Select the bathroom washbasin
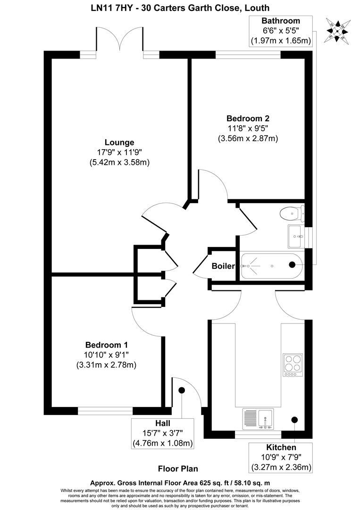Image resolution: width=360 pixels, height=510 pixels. pos(296,236)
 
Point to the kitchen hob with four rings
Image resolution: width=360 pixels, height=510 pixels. pos(293,365)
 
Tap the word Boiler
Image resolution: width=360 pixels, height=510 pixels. pos(223,266)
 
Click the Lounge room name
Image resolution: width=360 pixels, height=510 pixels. pos(119,142)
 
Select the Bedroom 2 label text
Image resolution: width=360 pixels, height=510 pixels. pos(248,118)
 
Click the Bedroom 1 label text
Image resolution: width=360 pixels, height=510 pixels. pos(106,345)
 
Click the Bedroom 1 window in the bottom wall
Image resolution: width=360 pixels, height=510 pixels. pos(105,411)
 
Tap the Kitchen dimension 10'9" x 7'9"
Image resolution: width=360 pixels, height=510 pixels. pos(281,458)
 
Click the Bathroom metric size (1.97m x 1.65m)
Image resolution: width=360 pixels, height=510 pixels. pos(281,41)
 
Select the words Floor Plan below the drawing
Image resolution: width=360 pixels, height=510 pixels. pos(178,469)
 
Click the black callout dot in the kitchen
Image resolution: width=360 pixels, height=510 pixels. pos(295,419)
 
